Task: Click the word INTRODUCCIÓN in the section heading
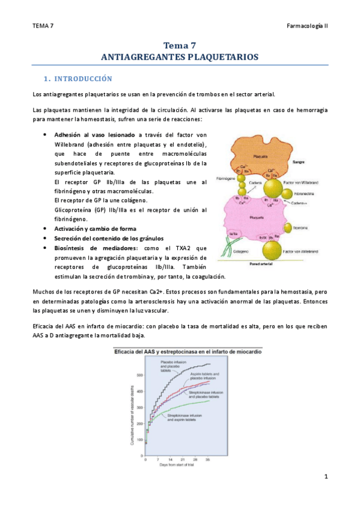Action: (83, 79)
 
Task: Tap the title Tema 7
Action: (180, 45)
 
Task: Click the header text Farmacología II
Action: (307, 26)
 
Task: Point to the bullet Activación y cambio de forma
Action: (95, 229)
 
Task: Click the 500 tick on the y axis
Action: (142, 375)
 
